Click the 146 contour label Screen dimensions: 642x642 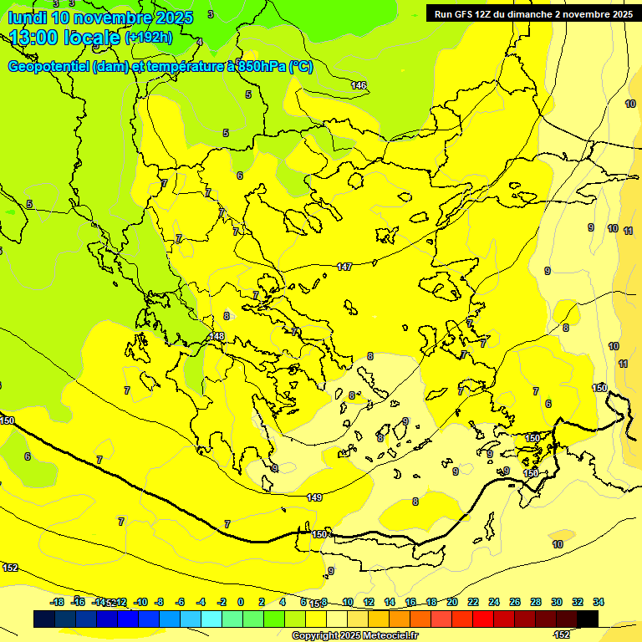point(359,85)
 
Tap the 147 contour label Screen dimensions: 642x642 point(344,267)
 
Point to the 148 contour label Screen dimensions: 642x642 point(217,336)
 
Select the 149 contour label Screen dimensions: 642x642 point(314,497)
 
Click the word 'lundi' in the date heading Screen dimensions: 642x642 point(28,18)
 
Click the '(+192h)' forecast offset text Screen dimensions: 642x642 point(149,38)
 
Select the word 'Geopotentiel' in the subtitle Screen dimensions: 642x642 point(48,67)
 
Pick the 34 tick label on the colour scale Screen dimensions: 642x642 point(599,602)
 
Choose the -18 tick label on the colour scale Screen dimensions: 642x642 point(58,602)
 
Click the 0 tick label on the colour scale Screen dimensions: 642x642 point(241,602)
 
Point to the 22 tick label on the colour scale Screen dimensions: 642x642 point(473,602)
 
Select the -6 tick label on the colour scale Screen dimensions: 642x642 point(180,602)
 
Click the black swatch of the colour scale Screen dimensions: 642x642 point(588,619)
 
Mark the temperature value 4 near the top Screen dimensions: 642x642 point(199,41)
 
